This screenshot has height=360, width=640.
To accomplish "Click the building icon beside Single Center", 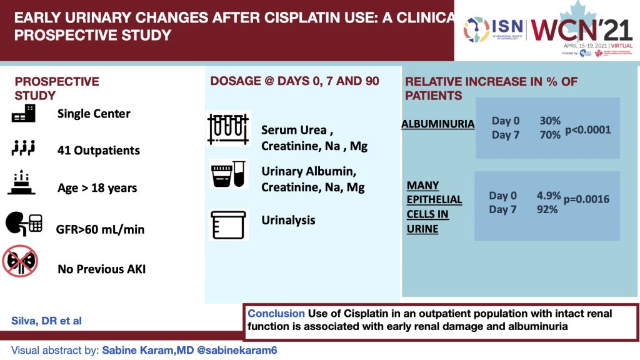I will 24,113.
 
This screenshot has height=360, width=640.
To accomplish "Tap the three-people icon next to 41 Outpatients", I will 24,149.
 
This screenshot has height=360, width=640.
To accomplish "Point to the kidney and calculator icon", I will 24,226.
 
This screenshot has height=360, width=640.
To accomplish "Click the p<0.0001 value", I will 587,130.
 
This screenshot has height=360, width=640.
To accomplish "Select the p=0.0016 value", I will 586,199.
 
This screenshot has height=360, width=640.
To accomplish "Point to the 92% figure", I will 547,210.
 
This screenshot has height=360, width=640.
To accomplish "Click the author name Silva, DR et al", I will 47,321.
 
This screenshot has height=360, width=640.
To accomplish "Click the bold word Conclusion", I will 275,313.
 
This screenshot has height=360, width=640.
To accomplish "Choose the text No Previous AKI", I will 102,270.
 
